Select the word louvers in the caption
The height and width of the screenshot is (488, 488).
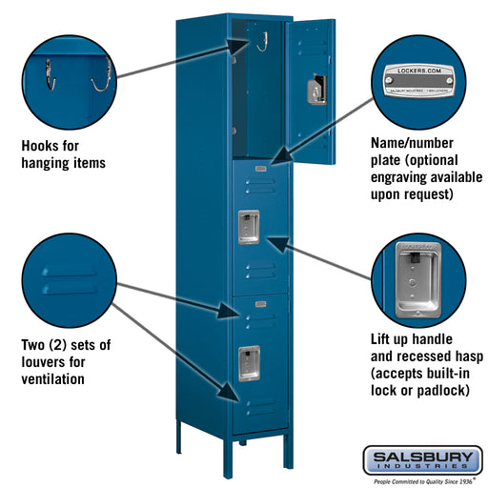click(x=42, y=361)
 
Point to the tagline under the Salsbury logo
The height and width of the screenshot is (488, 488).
click(x=421, y=480)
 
